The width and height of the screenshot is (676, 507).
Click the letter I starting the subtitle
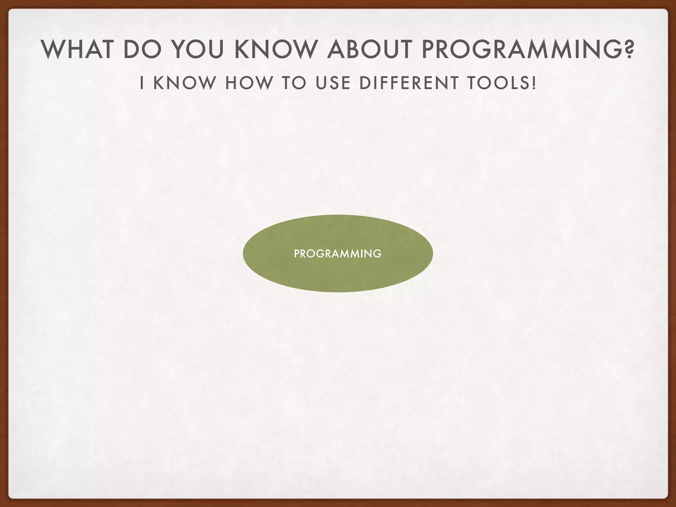pyautogui.click(x=142, y=83)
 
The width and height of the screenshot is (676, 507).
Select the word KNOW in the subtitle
pyautogui.click(x=184, y=83)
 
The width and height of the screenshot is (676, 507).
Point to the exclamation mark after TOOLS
pyautogui.click(x=534, y=83)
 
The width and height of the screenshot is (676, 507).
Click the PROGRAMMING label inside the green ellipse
pyautogui.click(x=338, y=254)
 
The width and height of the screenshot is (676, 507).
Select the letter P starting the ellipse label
pyautogui.click(x=296, y=254)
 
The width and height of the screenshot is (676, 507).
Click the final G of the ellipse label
pyautogui.click(x=378, y=254)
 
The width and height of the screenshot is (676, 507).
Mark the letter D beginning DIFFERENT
pyautogui.click(x=364, y=83)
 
